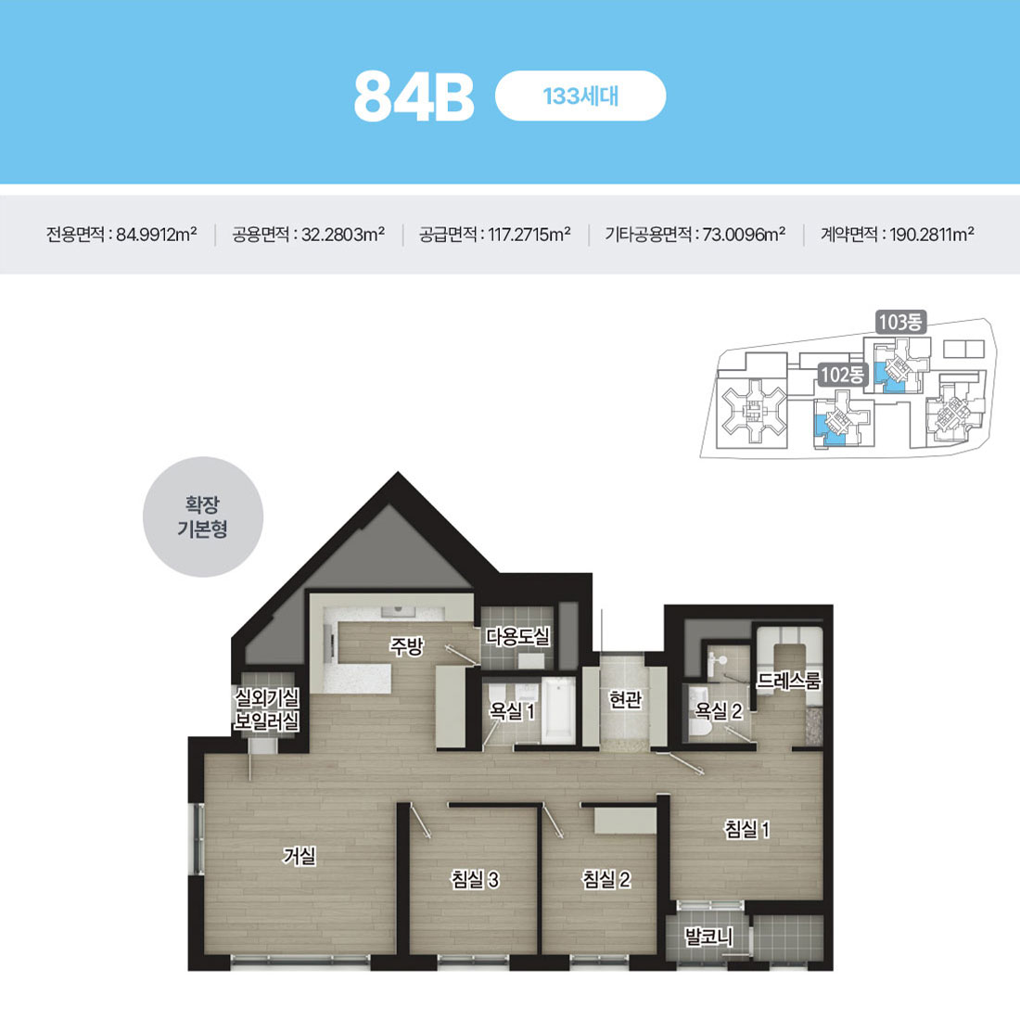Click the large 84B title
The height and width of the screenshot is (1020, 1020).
click(x=414, y=96)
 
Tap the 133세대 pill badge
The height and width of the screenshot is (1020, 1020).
click(x=580, y=96)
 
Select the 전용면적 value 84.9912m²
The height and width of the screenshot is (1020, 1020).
click(x=156, y=235)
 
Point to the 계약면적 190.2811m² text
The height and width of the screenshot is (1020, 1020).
click(x=897, y=235)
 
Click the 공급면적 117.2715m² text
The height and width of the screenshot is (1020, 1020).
click(x=494, y=235)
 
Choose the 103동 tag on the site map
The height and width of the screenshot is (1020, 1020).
click(x=900, y=322)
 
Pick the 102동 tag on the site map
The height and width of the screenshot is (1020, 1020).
click(x=842, y=375)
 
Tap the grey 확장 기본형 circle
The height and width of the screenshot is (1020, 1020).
click(x=203, y=516)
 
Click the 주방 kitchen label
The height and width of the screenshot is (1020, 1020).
click(x=406, y=646)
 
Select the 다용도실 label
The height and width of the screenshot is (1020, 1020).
click(x=517, y=636)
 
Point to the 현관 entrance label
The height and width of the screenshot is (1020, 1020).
click(x=625, y=699)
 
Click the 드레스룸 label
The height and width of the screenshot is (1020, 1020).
click(x=788, y=681)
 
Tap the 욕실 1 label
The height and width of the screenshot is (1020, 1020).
click(x=512, y=711)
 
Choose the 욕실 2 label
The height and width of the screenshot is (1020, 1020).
click(x=719, y=711)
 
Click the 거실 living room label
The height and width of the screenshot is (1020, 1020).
click(x=300, y=856)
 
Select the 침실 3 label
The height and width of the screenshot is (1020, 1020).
click(x=475, y=879)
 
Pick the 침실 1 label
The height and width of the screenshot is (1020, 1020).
click(x=747, y=829)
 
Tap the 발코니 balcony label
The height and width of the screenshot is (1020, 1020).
click(x=709, y=937)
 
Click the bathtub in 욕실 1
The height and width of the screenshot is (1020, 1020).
click(x=559, y=710)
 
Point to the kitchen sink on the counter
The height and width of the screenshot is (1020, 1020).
click(x=398, y=611)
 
